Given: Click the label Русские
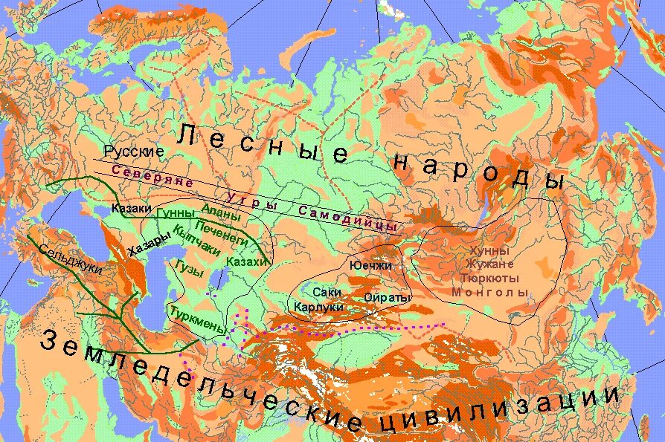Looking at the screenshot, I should coord(134,151).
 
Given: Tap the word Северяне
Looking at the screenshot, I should coord(152,175).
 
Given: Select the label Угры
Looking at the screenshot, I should coord(251,200).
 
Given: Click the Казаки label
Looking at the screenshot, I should coord(132,209).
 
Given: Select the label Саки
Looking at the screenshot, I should coord(327,293).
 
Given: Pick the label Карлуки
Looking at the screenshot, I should coord(318,307).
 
